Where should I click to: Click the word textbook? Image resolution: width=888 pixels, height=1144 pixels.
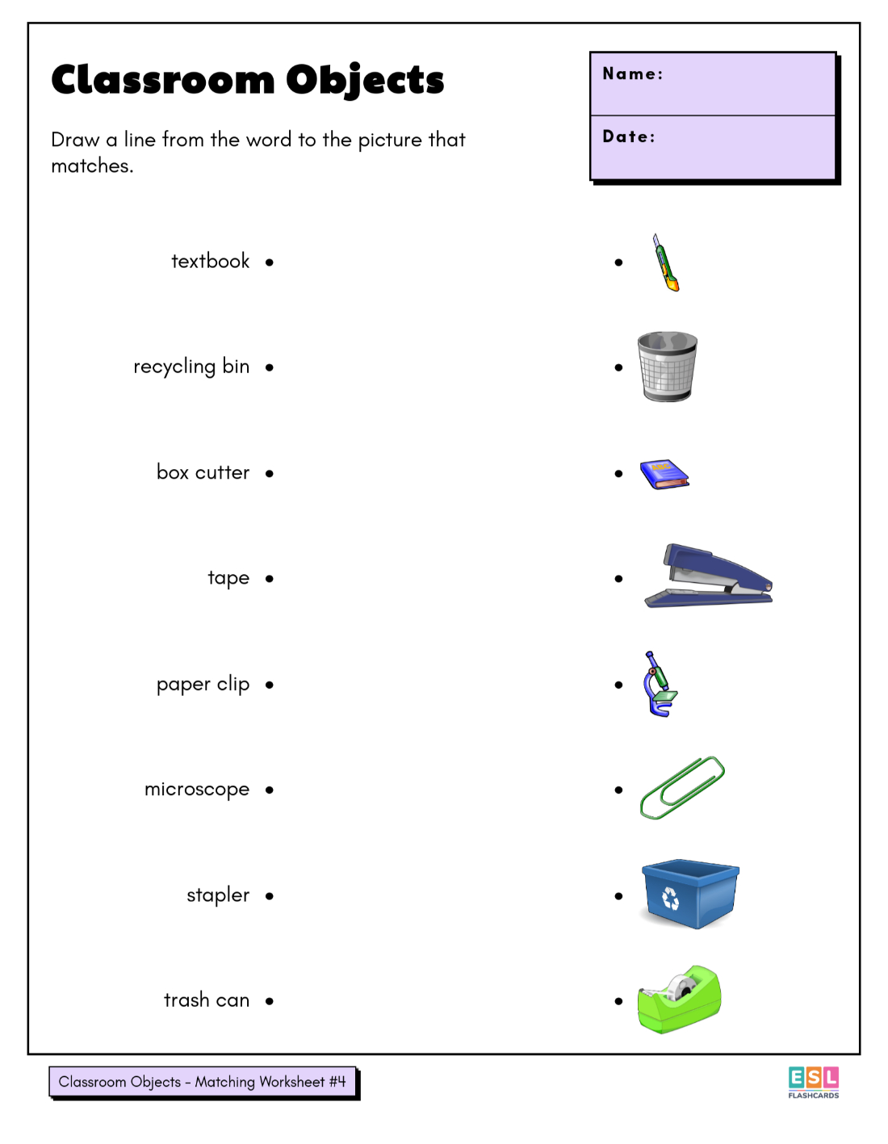pos(210,262)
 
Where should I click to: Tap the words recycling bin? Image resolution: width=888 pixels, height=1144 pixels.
pos(191,367)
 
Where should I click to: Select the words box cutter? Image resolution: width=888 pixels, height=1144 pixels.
pos(203,472)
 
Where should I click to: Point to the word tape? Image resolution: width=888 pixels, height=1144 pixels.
pos(228,578)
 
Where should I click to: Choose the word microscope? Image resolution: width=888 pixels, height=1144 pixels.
pos(197,790)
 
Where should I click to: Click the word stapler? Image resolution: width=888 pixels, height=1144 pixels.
pos(218,895)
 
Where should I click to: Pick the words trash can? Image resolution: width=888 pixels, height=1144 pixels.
pos(207,1001)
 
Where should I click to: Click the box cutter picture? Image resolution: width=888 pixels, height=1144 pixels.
pos(666,263)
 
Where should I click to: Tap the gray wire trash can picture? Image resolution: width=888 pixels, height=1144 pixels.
pos(668,367)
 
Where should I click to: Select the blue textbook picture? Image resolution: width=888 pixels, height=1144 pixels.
pos(664,475)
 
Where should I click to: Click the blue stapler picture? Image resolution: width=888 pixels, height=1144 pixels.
pos(708,576)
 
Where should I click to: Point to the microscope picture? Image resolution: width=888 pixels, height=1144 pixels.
pos(660,685)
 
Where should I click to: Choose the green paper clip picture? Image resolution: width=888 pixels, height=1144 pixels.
pos(682,788)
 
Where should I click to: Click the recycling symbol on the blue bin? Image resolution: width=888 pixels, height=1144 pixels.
pos(671,898)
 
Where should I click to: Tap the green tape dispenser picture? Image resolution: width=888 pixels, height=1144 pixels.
pos(679,1000)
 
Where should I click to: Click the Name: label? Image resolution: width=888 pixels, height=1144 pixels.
pos(633,74)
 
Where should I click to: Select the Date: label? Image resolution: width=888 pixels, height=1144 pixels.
pos(629,137)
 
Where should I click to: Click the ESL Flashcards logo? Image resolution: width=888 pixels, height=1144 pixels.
pos(814,1082)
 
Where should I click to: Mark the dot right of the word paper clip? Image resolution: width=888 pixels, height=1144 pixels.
pos(270,685)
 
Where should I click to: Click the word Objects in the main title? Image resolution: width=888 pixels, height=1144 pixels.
pos(365,81)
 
